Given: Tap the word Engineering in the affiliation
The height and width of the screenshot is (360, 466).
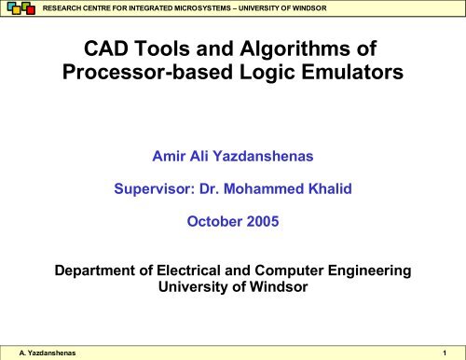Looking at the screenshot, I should pos(385,271).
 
